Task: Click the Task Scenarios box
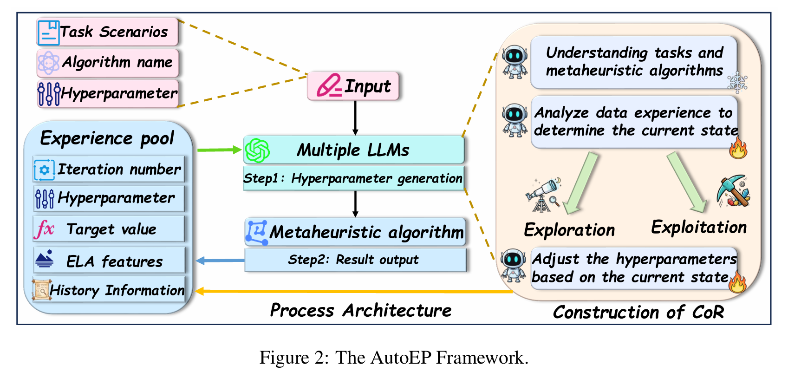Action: [108, 32]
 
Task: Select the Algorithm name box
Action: [108, 63]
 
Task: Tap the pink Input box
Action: [353, 86]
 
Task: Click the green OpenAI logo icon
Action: [257, 150]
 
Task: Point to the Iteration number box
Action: [109, 170]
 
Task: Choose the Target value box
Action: [109, 228]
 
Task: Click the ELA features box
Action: [109, 261]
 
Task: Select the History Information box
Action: [109, 290]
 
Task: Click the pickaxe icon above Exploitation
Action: [734, 190]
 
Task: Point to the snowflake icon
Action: [737, 82]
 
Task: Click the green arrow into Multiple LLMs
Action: [219, 150]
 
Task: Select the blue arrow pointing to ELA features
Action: [220, 261]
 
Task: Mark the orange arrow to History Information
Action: [353, 292]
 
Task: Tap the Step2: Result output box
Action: [355, 260]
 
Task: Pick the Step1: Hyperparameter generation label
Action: [353, 178]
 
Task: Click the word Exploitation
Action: [699, 228]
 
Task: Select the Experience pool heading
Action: [107, 138]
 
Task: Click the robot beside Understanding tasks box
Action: [514, 61]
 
